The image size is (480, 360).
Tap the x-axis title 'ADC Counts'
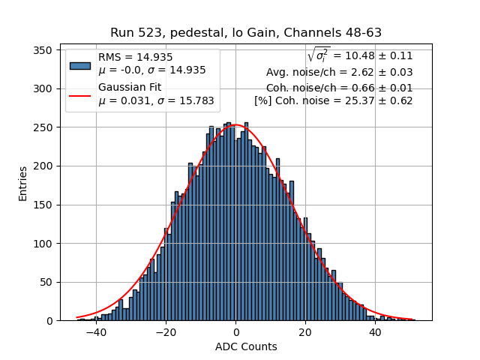click(x=246, y=346)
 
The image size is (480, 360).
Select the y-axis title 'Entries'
click(x=23, y=183)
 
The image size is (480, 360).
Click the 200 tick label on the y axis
click(x=46, y=166)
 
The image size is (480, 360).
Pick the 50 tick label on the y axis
click(x=49, y=283)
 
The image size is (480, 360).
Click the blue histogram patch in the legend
click(x=80, y=64)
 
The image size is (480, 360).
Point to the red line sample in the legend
click(x=80, y=95)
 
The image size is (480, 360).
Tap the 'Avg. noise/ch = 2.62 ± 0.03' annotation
click(x=339, y=73)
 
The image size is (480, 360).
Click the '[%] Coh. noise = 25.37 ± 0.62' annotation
click(x=333, y=100)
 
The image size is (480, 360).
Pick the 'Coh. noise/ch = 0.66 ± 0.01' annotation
click(x=339, y=87)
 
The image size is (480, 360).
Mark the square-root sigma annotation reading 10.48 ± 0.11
click(x=359, y=56)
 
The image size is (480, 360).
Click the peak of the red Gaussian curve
click(x=236, y=124)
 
